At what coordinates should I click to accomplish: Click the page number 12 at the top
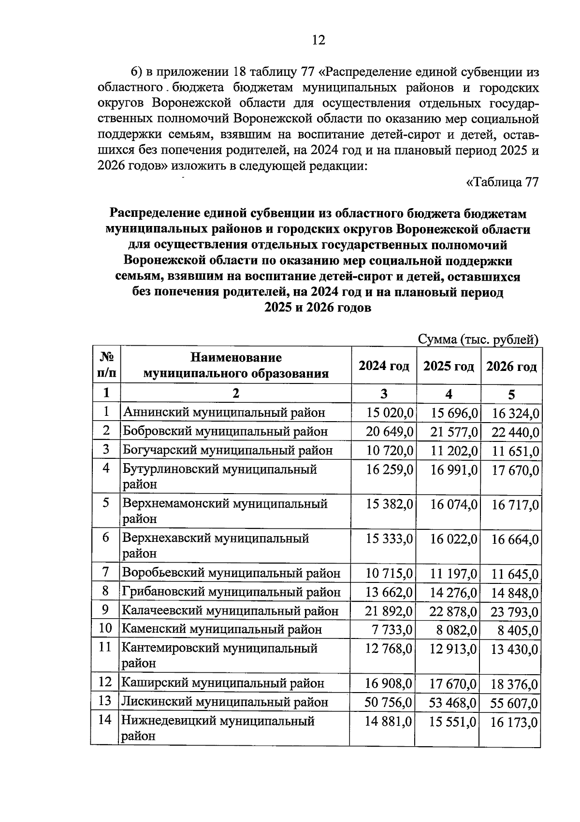pyautogui.click(x=318, y=40)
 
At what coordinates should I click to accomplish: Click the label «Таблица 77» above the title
pyautogui.click(x=502, y=183)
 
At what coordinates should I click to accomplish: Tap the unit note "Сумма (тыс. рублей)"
pyautogui.click(x=478, y=340)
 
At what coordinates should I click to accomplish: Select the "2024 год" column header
pyautogui.click(x=384, y=366)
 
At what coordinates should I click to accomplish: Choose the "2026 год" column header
pyautogui.click(x=511, y=367)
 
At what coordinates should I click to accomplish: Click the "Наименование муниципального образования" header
pyautogui.click(x=236, y=366)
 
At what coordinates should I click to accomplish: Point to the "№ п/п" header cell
pyautogui.click(x=106, y=365)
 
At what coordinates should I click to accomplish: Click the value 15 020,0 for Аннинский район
pyautogui.click(x=390, y=413)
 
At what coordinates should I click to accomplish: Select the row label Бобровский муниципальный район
pyautogui.click(x=225, y=431)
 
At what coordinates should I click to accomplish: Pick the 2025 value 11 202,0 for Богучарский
pyautogui.click(x=454, y=451)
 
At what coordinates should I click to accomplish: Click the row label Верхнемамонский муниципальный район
pyautogui.click(x=225, y=511)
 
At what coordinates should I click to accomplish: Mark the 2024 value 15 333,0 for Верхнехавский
pyautogui.click(x=389, y=539)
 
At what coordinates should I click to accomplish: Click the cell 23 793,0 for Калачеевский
pyautogui.click(x=514, y=612)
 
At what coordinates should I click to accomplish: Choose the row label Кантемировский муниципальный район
pyautogui.click(x=219, y=655)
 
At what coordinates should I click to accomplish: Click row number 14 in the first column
pyautogui.click(x=105, y=720)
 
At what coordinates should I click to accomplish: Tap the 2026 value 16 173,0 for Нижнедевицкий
pyautogui.click(x=514, y=723)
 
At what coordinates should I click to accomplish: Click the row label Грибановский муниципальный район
pyautogui.click(x=231, y=592)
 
